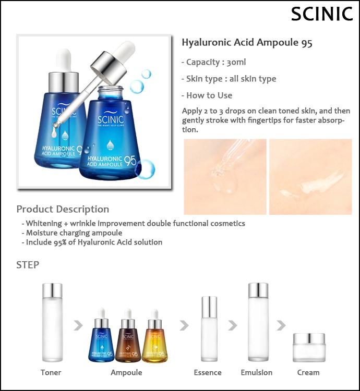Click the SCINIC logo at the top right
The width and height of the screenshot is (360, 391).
pyautogui.click(x=322, y=14)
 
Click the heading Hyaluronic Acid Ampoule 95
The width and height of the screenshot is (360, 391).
pyautogui.click(x=247, y=43)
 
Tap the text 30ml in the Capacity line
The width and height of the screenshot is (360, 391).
pyautogui.click(x=236, y=62)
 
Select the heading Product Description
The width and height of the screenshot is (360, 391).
pyautogui.click(x=63, y=209)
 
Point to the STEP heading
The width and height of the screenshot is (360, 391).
pyautogui.click(x=28, y=265)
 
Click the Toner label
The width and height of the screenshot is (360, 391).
pyautogui.click(x=51, y=372)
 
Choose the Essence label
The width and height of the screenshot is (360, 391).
pyautogui.click(x=208, y=372)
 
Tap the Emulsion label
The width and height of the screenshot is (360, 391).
pyautogui.click(x=257, y=372)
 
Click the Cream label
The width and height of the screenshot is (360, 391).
pyautogui.click(x=308, y=372)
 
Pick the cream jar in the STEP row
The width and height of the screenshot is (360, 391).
pyautogui.click(x=309, y=348)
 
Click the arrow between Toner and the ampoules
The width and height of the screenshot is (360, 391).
pyautogui.click(x=78, y=325)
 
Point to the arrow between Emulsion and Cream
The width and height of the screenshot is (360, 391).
pyautogui.click(x=281, y=325)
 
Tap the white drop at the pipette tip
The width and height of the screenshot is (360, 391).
pyautogui.click(x=54, y=132)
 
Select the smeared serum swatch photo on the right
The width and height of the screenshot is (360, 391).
pyautogui.click(x=310, y=177)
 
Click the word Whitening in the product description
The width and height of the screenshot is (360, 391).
pyautogui.click(x=44, y=224)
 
